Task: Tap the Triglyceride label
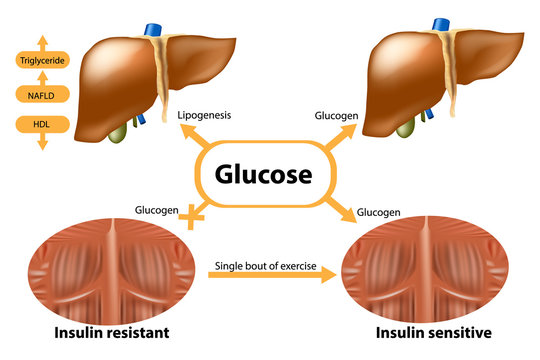pos(42,61)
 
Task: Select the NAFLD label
pos(42,94)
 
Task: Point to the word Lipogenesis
pos(204,115)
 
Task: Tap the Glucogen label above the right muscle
pos(379,212)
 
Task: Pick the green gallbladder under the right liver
pos(406,129)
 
